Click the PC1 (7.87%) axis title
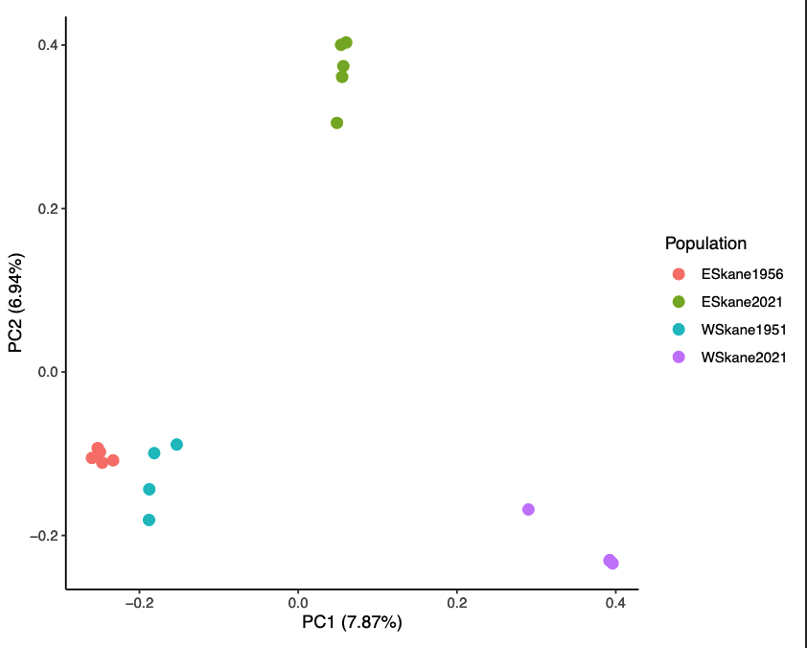click(x=352, y=623)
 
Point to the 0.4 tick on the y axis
click(x=48, y=45)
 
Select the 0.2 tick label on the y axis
click(x=48, y=208)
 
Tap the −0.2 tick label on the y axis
click(x=44, y=535)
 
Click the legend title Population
click(x=705, y=243)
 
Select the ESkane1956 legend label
click(x=743, y=274)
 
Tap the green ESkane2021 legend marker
click(x=679, y=302)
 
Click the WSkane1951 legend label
click(x=744, y=330)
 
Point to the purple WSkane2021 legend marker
click(x=679, y=358)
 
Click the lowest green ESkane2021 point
click(x=336, y=123)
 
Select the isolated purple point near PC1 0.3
click(x=528, y=509)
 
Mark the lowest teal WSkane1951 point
click(x=149, y=521)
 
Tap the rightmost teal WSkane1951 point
click(x=176, y=445)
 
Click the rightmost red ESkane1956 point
click(x=113, y=460)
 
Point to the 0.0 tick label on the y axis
click(x=48, y=372)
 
